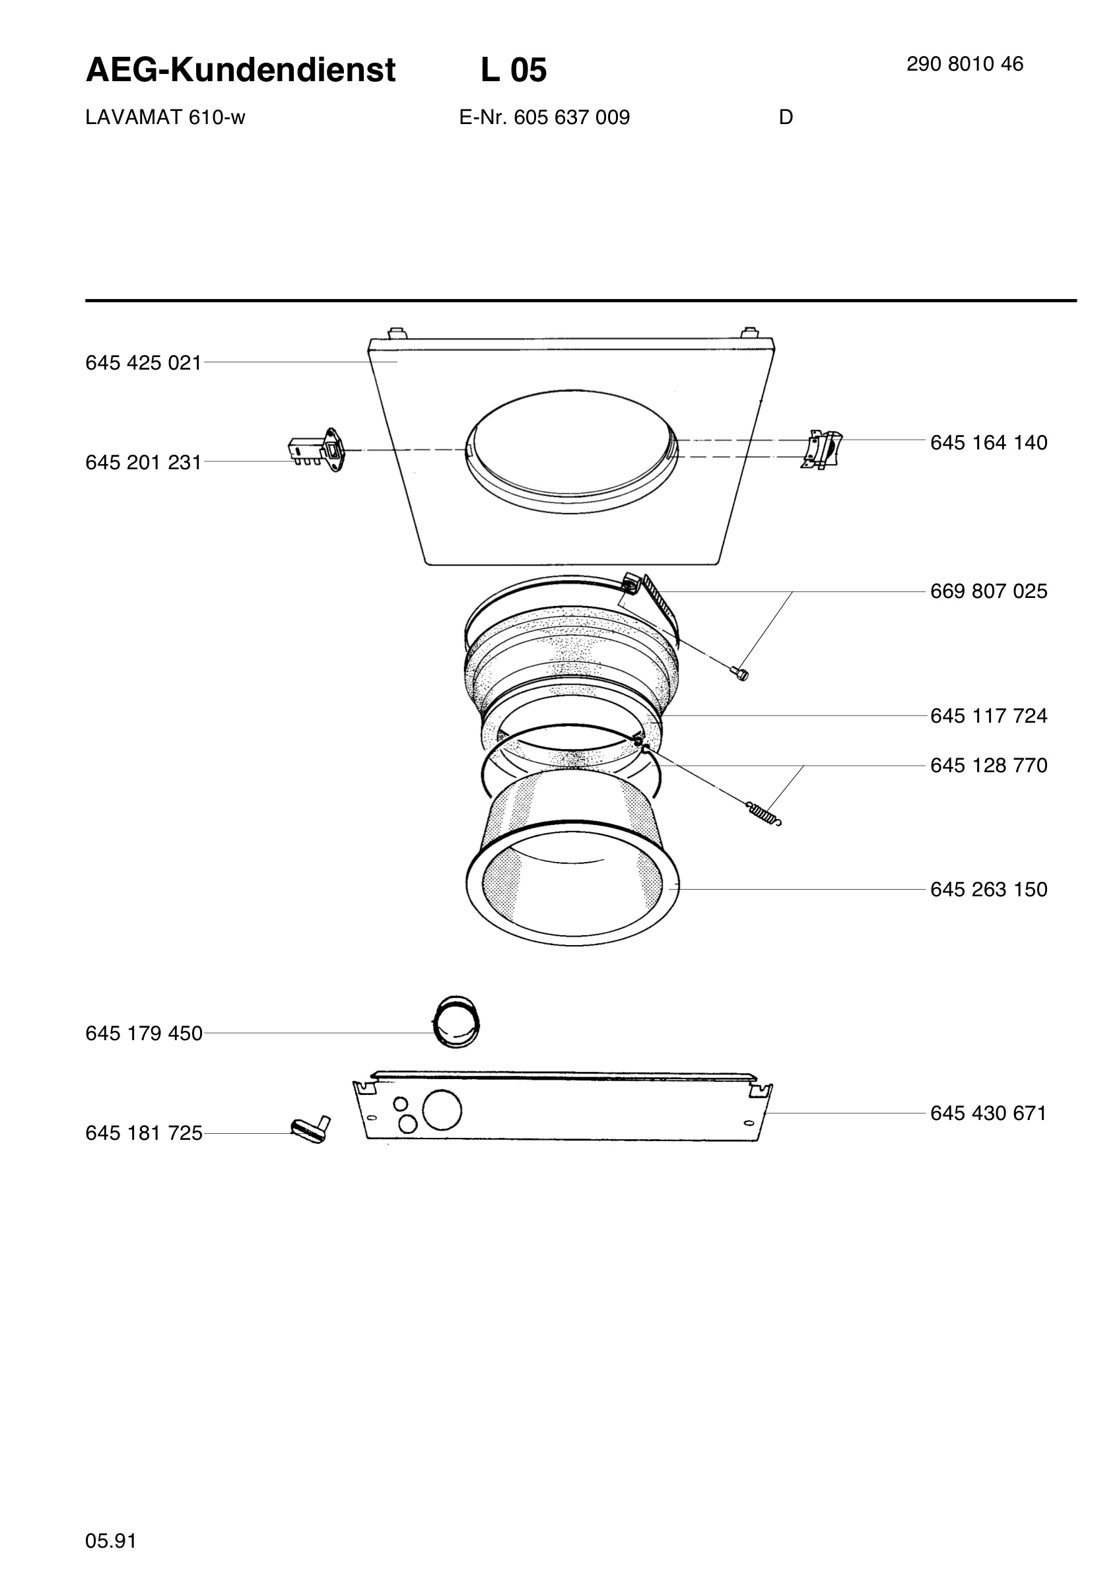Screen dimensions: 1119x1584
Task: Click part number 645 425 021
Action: tap(143, 363)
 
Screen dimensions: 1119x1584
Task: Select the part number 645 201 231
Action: tap(143, 462)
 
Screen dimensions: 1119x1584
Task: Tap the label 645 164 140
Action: tap(988, 442)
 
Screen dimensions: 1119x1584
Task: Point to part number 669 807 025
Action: tap(988, 591)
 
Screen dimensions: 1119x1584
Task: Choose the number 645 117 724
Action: tap(988, 716)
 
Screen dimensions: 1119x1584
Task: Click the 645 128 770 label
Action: tap(988, 765)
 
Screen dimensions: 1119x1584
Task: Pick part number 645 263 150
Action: tap(988, 889)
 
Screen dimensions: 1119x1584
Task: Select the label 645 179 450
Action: tap(143, 1034)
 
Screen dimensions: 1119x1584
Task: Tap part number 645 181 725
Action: tap(143, 1133)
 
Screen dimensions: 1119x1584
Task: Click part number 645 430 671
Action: tap(988, 1113)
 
